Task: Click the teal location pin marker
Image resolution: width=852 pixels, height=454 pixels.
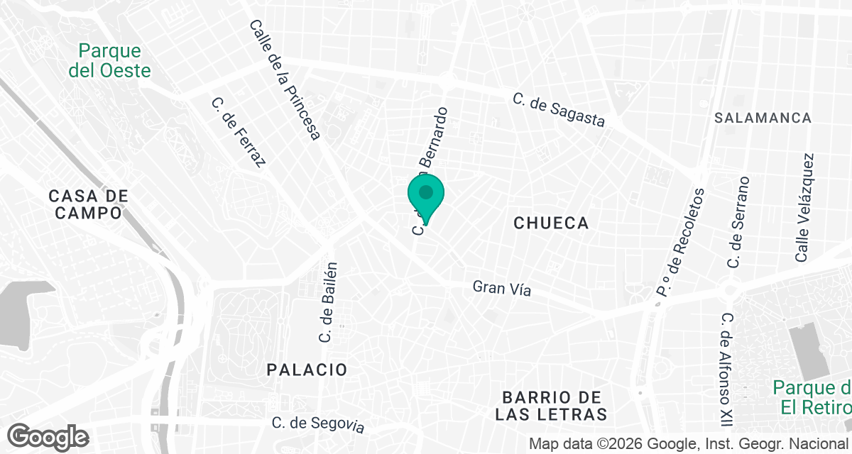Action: (426, 196)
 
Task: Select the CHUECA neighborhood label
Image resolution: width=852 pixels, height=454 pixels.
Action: (551, 223)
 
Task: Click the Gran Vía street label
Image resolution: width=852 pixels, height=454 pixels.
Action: (502, 289)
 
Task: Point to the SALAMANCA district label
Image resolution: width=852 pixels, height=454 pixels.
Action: (763, 118)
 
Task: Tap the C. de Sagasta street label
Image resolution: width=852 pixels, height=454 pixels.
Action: (559, 111)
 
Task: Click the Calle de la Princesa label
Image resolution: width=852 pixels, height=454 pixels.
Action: (285, 79)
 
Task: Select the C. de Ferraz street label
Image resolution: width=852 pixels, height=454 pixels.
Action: (239, 133)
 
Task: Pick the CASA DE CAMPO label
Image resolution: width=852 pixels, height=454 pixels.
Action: (88, 204)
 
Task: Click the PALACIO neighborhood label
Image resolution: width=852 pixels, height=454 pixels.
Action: (307, 370)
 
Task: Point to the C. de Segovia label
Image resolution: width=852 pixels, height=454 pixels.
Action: (318, 424)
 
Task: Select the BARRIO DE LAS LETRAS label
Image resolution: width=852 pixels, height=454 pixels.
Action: (553, 405)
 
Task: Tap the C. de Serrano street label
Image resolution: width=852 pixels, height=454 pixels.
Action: (738, 222)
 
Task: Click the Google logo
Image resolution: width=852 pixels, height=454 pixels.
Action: (48, 437)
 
